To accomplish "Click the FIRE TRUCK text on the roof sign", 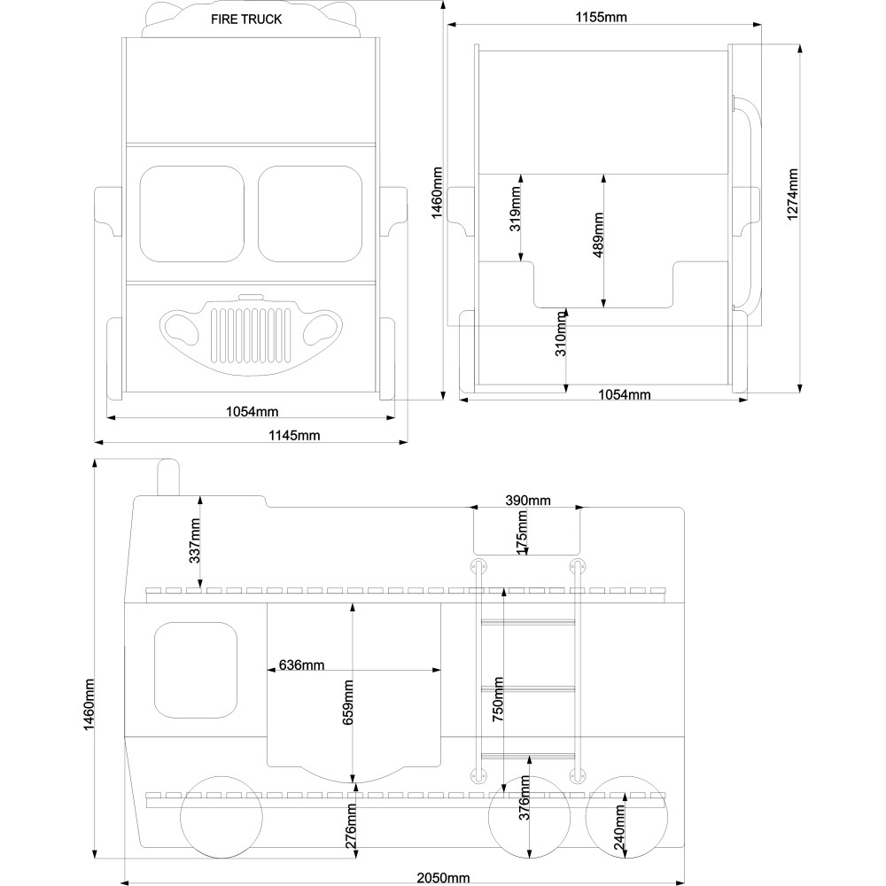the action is (246, 19).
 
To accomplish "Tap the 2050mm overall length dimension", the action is (443, 877).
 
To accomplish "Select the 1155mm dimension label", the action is (602, 17).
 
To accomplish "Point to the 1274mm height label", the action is (792, 194).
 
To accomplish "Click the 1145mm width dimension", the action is (294, 435).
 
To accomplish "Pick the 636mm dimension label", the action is (302, 665).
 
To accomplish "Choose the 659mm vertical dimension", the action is (347, 703).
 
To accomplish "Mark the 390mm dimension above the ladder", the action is (528, 500).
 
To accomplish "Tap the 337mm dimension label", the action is (194, 540).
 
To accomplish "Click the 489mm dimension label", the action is (598, 235).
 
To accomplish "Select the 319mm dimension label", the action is (516, 208).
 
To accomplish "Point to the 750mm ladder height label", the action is (498, 699).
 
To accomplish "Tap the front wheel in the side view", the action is (221, 817).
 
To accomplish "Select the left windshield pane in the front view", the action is (192, 214).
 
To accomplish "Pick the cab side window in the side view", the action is (196, 670).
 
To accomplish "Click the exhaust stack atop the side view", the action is (167, 477).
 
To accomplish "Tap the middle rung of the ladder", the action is (528, 688).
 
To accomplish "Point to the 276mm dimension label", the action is (351, 828).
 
